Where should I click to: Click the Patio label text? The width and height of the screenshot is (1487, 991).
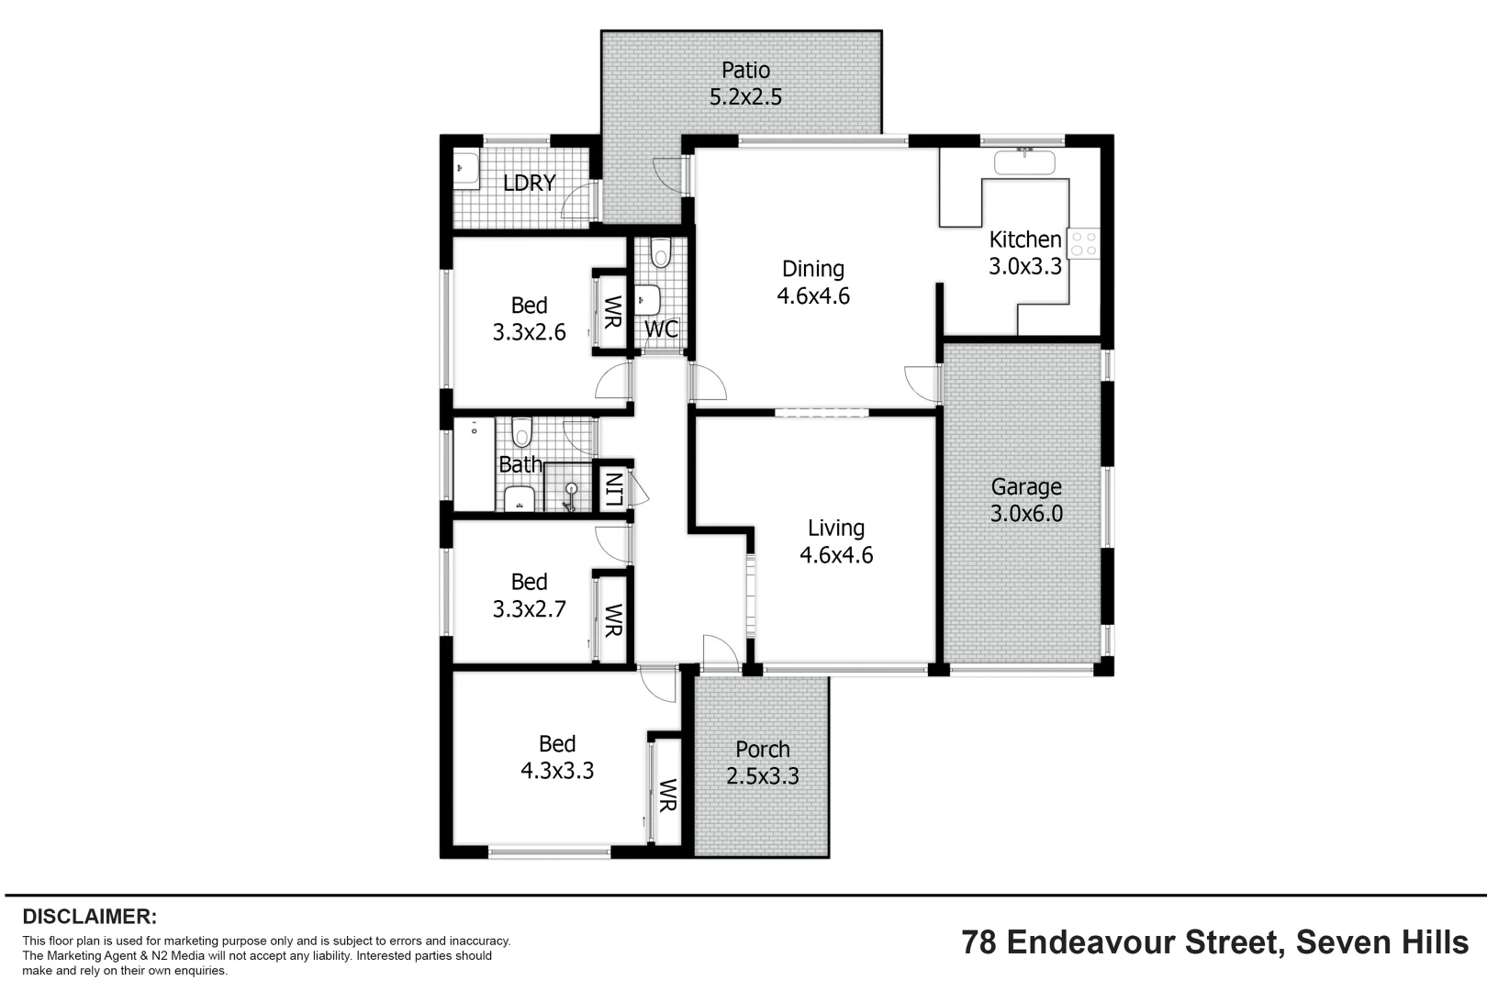[745, 70]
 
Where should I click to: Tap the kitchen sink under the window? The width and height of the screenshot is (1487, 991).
[1024, 162]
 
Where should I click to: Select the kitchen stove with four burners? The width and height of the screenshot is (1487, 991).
[1083, 243]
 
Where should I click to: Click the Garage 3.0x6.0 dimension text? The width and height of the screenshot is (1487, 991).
[1025, 514]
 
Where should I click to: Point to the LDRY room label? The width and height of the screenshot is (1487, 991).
[530, 183]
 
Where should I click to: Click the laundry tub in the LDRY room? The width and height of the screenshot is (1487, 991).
[466, 171]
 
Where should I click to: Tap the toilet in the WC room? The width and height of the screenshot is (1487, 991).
[660, 252]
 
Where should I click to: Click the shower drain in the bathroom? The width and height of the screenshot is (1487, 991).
[571, 490]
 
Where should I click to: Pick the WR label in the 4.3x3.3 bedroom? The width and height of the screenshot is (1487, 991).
[667, 795]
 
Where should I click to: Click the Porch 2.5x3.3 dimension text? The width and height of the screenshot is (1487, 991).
[762, 776]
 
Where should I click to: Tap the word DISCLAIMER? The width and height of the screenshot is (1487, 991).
[89, 916]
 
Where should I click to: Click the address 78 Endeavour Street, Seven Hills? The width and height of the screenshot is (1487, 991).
[1214, 942]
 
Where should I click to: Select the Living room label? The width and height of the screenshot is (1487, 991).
[835, 528]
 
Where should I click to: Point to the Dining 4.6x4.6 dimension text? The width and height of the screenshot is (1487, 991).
[812, 296]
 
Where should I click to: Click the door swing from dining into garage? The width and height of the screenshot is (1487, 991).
[921, 380]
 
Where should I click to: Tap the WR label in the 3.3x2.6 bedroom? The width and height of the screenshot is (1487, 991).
[612, 312]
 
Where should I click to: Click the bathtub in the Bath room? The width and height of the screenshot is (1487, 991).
[474, 462]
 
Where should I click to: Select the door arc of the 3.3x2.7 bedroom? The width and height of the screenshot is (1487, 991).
[611, 543]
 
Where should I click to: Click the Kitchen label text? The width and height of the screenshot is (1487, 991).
[1024, 239]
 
